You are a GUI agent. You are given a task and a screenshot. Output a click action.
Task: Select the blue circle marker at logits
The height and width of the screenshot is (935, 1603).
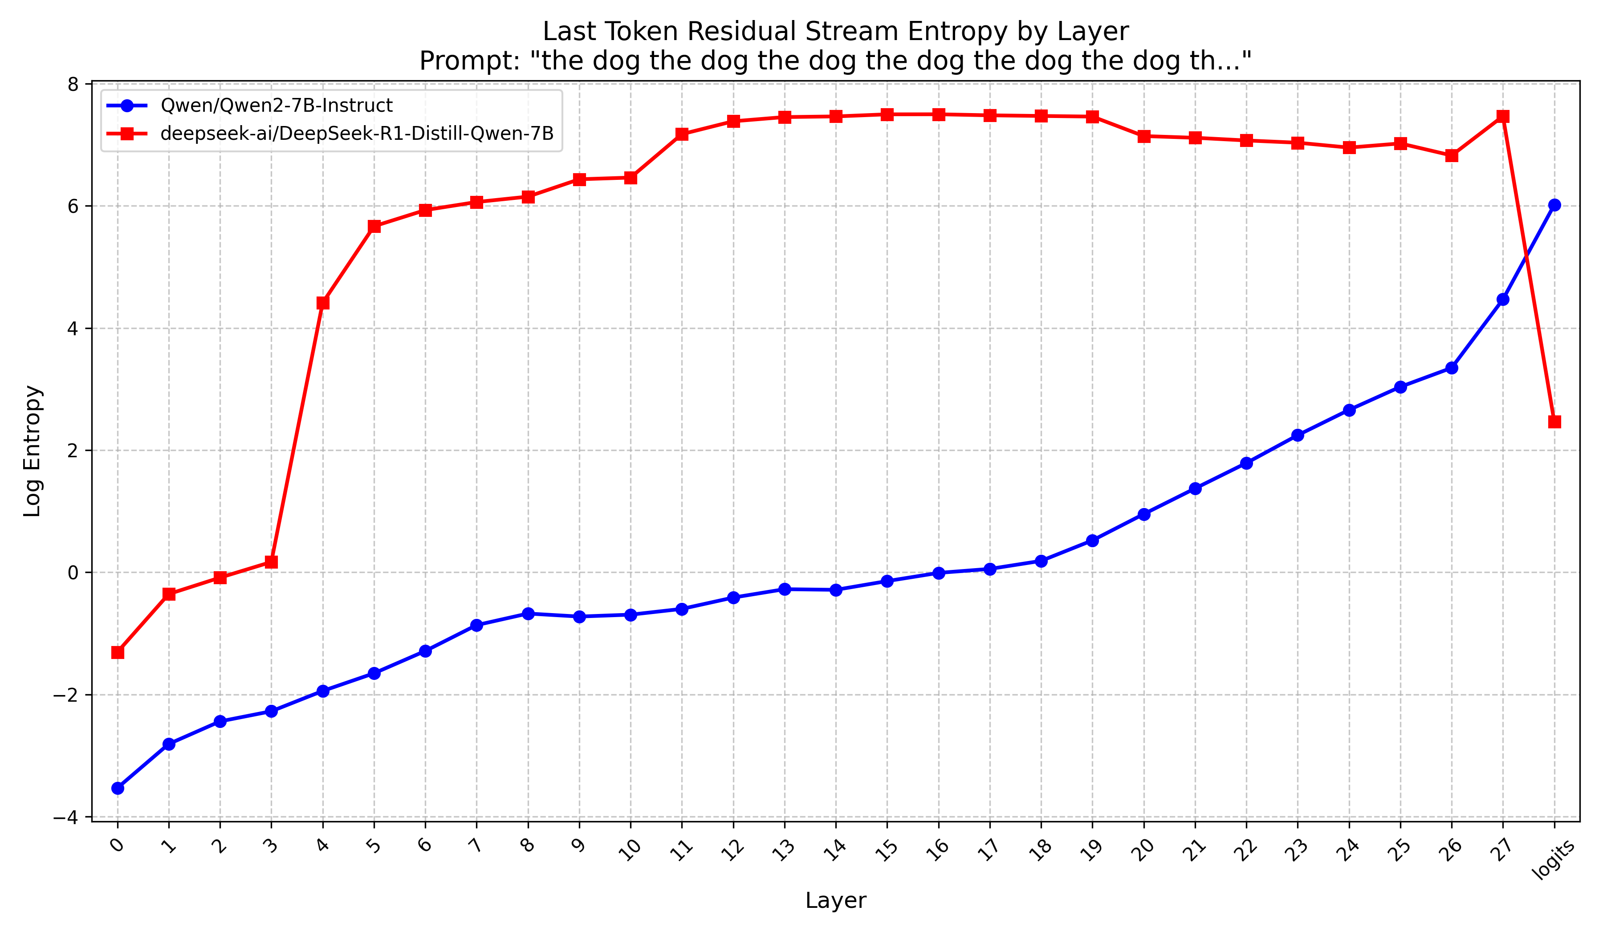click(x=1554, y=205)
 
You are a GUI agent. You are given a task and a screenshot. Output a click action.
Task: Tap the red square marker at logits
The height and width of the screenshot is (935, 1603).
click(x=1554, y=422)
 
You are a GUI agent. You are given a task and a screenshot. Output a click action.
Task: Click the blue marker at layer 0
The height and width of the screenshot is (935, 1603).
click(x=118, y=788)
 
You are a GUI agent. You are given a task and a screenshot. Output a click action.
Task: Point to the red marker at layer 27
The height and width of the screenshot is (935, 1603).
click(x=1502, y=116)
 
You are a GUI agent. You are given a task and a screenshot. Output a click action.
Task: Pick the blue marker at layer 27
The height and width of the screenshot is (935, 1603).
click(x=1502, y=300)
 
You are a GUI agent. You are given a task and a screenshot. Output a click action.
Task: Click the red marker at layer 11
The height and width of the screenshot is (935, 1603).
click(x=682, y=134)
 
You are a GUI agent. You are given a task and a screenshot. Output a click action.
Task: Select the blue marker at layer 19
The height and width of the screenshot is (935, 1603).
click(x=1092, y=541)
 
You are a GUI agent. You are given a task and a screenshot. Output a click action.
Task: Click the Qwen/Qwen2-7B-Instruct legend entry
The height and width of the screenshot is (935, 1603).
click(x=276, y=106)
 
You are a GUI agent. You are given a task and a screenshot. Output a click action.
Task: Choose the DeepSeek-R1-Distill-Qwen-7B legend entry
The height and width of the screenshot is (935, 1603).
click(x=356, y=134)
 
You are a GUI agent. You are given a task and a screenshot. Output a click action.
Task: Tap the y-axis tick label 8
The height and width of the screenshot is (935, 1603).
click(x=73, y=85)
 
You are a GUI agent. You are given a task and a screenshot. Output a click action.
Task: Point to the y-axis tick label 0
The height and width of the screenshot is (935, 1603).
click(x=73, y=573)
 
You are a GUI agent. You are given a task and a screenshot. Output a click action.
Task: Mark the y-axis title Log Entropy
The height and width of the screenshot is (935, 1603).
click(x=33, y=451)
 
